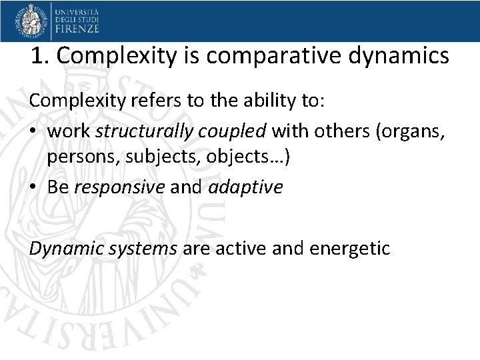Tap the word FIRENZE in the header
pos(77,29)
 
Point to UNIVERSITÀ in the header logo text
pos(77,11)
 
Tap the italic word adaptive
pos(245,187)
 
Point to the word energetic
pos(349,249)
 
